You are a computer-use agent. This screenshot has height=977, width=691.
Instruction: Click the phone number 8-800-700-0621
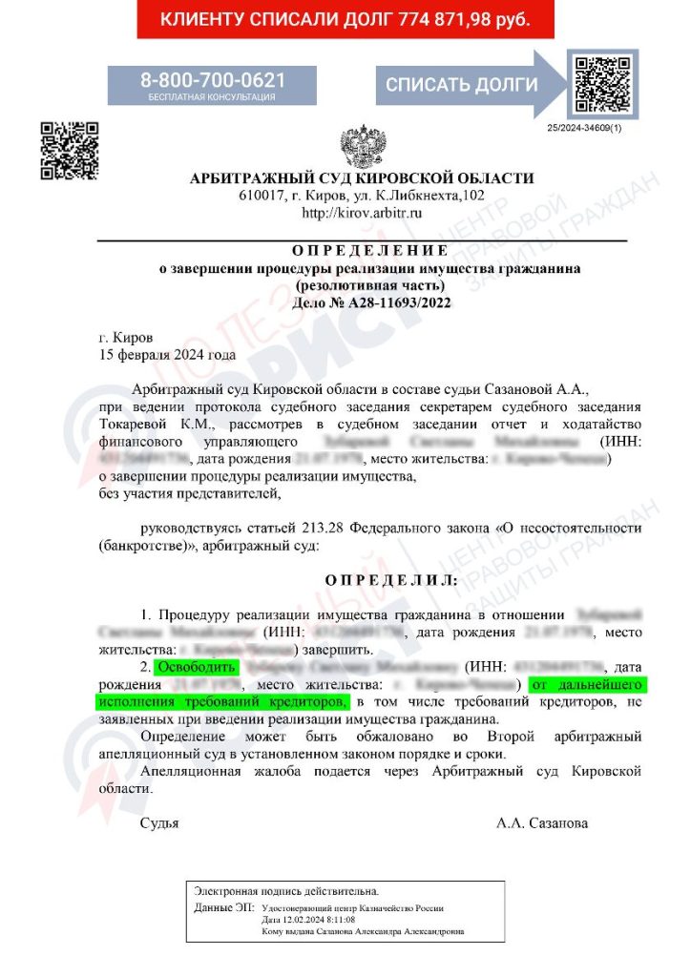point(213,80)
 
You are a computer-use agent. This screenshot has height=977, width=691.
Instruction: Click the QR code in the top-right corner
point(600,85)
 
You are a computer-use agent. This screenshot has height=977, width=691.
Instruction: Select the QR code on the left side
point(70,151)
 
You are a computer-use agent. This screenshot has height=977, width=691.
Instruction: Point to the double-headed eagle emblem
point(363,146)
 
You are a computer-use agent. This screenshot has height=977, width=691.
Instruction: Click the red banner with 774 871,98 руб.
point(345,20)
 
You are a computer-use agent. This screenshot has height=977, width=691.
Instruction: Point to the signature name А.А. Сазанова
point(542,822)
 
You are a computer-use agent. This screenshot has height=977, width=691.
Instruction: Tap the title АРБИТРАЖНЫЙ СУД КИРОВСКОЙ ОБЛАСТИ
point(362,178)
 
